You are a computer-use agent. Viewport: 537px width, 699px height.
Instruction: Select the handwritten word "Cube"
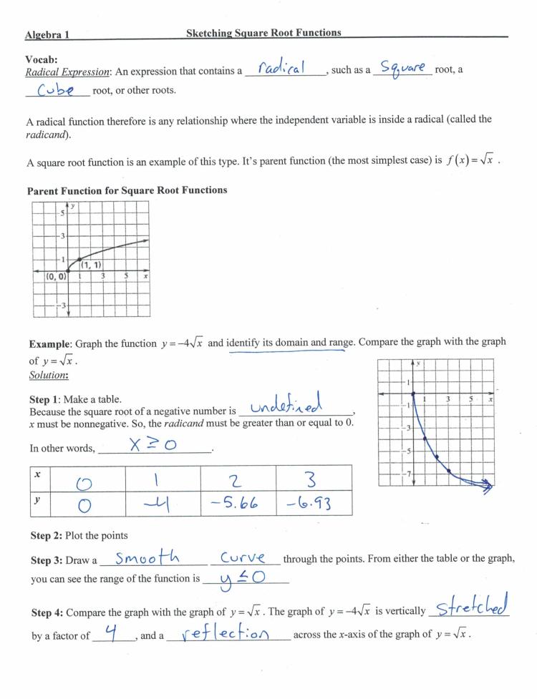[56, 91]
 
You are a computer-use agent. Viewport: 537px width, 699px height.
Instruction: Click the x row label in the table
[37, 475]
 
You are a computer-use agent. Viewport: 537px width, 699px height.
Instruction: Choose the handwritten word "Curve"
[243, 557]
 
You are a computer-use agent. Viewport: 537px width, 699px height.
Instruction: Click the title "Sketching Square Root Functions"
[263, 32]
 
